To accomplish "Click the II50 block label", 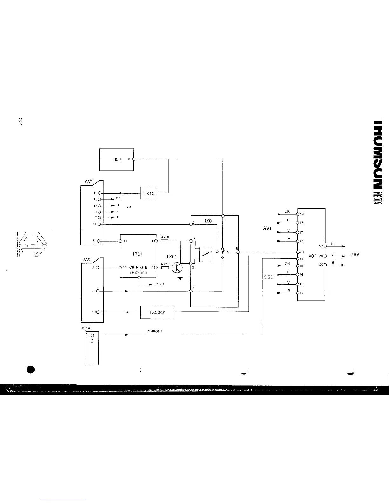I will [117, 159].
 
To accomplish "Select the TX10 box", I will [148, 193].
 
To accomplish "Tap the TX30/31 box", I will [157, 312].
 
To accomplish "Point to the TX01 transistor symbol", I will [177, 268].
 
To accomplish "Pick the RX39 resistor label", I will [165, 264].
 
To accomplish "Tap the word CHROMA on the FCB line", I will [155, 332].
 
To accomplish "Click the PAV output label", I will [354, 255].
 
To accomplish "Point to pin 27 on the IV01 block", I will [325, 246].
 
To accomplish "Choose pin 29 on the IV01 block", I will [325, 265].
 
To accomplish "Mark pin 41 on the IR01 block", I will [120, 241].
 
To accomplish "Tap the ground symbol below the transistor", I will [180, 278].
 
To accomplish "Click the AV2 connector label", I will [87, 260].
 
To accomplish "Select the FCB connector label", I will [86, 329].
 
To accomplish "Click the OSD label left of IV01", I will [269, 277].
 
